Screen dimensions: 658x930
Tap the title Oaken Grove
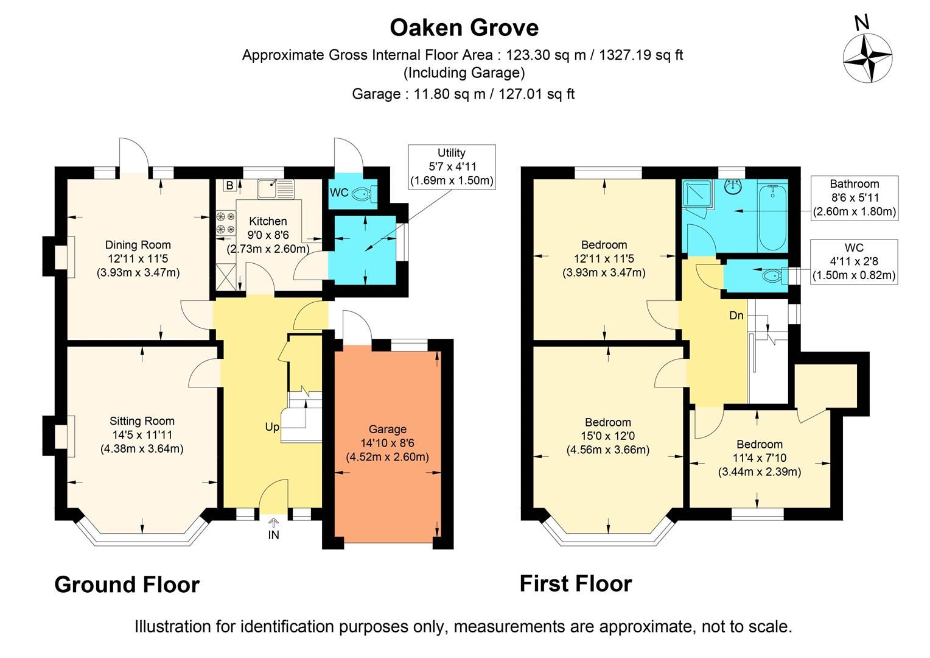(x=464, y=27)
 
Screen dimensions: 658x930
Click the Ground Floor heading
(x=127, y=584)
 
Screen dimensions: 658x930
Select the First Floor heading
(x=575, y=584)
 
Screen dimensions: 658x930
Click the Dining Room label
(x=138, y=245)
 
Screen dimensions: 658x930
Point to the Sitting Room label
(x=142, y=421)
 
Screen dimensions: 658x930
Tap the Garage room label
(x=387, y=430)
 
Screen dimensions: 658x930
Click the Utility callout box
(x=451, y=166)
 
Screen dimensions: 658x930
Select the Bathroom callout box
(x=855, y=197)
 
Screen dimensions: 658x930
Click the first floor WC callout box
(x=854, y=261)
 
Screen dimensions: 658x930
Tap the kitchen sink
(x=275, y=188)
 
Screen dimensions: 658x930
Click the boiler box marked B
(x=229, y=185)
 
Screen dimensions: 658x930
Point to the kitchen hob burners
(x=225, y=222)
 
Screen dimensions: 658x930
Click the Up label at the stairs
(x=272, y=427)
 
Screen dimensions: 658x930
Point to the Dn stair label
(x=736, y=316)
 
